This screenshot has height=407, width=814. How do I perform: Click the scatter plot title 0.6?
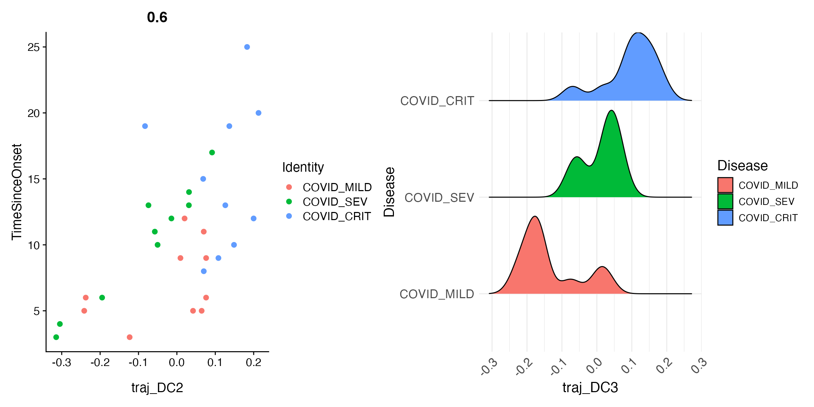click(x=157, y=17)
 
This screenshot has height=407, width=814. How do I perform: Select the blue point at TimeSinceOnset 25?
click(x=247, y=47)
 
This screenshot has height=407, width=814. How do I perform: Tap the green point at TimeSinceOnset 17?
click(x=212, y=153)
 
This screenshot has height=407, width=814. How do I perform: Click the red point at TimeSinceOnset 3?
click(x=130, y=337)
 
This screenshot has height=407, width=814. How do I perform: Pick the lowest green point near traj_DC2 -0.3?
click(x=56, y=337)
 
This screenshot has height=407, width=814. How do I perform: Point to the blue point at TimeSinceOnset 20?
click(x=258, y=113)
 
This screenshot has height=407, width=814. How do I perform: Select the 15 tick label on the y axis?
click(x=34, y=179)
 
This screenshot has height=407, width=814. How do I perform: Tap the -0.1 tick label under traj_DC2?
click(x=138, y=362)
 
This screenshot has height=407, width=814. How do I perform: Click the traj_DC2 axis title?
click(x=157, y=388)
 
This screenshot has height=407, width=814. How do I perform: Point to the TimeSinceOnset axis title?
click(x=17, y=192)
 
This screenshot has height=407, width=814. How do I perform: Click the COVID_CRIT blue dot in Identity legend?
click(x=289, y=216)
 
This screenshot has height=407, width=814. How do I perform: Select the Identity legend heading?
click(x=303, y=167)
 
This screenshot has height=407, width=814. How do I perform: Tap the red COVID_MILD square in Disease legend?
click(x=725, y=185)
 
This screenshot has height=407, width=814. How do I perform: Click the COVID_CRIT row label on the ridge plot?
click(x=437, y=101)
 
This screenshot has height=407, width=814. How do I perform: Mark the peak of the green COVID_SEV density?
click(x=611, y=111)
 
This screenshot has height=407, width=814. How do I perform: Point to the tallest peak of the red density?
click(x=535, y=217)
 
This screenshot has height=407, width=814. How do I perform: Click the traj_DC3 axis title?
click(x=590, y=388)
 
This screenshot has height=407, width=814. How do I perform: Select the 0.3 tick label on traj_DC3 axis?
click(x=699, y=366)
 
